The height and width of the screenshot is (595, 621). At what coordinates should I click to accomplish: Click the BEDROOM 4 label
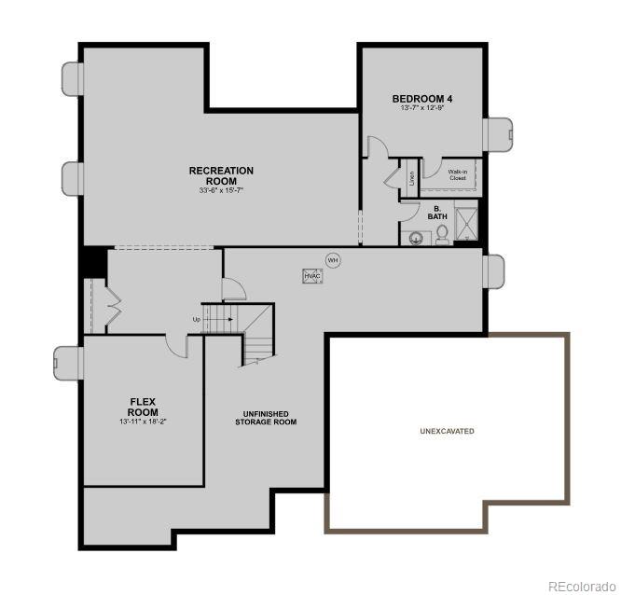pyautogui.click(x=422, y=98)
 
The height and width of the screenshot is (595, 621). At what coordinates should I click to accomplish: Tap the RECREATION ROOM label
pyautogui.click(x=221, y=175)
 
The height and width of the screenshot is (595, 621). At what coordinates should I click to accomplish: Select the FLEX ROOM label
pyautogui.click(x=144, y=407)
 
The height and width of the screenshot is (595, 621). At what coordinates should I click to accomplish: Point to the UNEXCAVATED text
pyautogui.click(x=447, y=431)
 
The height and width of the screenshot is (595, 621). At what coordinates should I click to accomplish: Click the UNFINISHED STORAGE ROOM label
pyautogui.click(x=266, y=418)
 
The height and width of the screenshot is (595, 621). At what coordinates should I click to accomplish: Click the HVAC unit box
pyautogui.click(x=311, y=276)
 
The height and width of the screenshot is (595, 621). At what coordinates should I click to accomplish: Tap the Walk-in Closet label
pyautogui.click(x=457, y=174)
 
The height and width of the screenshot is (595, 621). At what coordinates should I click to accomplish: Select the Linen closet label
pyautogui.click(x=410, y=177)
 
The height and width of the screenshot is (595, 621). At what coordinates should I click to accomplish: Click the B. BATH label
pyautogui.click(x=437, y=213)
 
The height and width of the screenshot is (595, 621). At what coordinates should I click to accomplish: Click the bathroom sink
pyautogui.click(x=415, y=238)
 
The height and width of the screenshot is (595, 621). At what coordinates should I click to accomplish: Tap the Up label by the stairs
pyautogui.click(x=197, y=320)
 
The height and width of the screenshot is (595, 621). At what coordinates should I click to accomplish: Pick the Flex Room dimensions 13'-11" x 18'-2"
pyautogui.click(x=143, y=422)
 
